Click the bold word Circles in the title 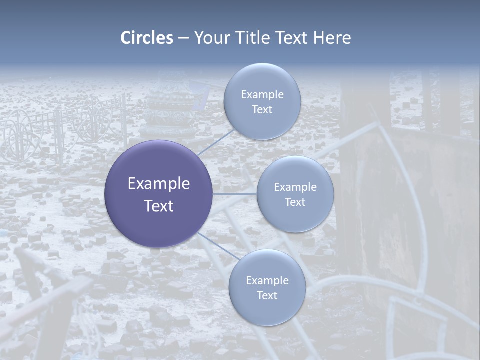point(147,38)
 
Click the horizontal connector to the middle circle point(235,194)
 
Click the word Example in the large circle point(159,184)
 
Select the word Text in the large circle point(159,206)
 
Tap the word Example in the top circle point(262,94)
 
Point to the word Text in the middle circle point(295,202)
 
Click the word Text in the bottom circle point(267,295)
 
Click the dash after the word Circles point(183,38)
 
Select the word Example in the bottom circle point(267,280)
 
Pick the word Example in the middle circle point(295,187)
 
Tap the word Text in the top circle point(262,109)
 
